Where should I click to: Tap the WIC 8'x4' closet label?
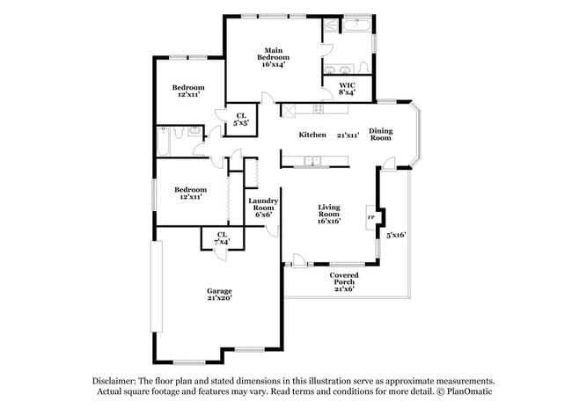point(347,89)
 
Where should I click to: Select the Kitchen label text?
point(312,135)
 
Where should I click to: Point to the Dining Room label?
point(380,134)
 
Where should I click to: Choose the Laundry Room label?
point(263,207)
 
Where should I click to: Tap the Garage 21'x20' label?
point(219,294)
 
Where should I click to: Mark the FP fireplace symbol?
point(370,216)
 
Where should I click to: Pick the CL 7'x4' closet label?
point(222,237)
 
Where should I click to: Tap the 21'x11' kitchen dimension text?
point(348,135)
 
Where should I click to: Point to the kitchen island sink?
point(312,161)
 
